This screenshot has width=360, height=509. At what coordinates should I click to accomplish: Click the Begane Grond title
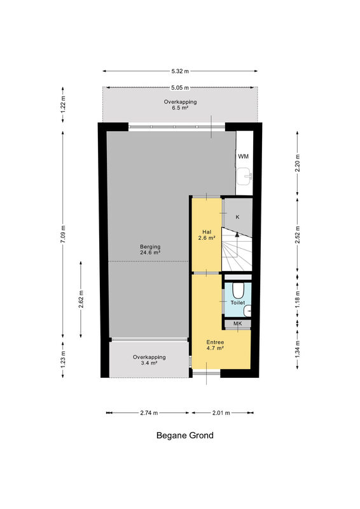pos(184,435)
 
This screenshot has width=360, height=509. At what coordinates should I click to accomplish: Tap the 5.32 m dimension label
pos(180,71)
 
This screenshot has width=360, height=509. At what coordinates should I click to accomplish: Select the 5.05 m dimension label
pos(180,88)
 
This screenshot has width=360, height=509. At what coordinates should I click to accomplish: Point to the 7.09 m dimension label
pos(63,234)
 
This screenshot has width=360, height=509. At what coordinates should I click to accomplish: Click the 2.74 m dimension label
pos(149,413)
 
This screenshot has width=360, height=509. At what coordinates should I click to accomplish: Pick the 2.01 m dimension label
pos(221,413)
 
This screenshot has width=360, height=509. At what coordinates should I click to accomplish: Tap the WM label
pos(243,157)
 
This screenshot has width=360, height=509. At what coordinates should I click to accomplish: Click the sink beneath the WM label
pos(244,177)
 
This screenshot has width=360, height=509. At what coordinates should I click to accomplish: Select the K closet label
pos(237,217)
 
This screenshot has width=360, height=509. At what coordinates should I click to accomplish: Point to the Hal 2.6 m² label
pos(207,235)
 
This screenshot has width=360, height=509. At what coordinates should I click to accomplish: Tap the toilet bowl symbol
pos(238,291)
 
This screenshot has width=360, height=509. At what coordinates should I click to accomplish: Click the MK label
pos(238,324)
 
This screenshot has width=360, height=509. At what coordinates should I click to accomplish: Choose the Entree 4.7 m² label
pos(215,345)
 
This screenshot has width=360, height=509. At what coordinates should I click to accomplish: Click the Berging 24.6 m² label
pos(150,249)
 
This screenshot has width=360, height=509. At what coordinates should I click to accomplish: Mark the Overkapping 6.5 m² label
pos(180,104)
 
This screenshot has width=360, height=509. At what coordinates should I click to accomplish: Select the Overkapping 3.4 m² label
pos(149,360)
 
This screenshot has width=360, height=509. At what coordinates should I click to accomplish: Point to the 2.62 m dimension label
pos(81,300)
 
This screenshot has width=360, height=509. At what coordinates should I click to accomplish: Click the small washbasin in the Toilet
pos(247,311)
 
